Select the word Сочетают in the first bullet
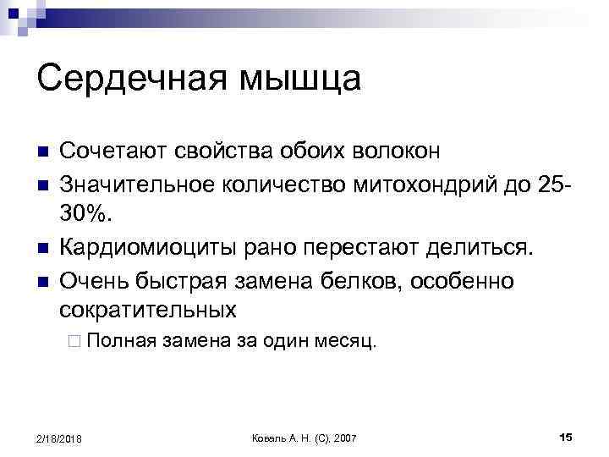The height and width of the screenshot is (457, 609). coord(112,151)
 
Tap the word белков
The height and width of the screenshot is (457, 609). coord(367,279)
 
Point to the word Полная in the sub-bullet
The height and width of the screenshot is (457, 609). coord(122,343)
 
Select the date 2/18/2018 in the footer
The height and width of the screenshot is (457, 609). coord(59,438)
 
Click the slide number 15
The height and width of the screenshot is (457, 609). coord(566,437)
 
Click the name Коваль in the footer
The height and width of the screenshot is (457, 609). coord(270,438)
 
